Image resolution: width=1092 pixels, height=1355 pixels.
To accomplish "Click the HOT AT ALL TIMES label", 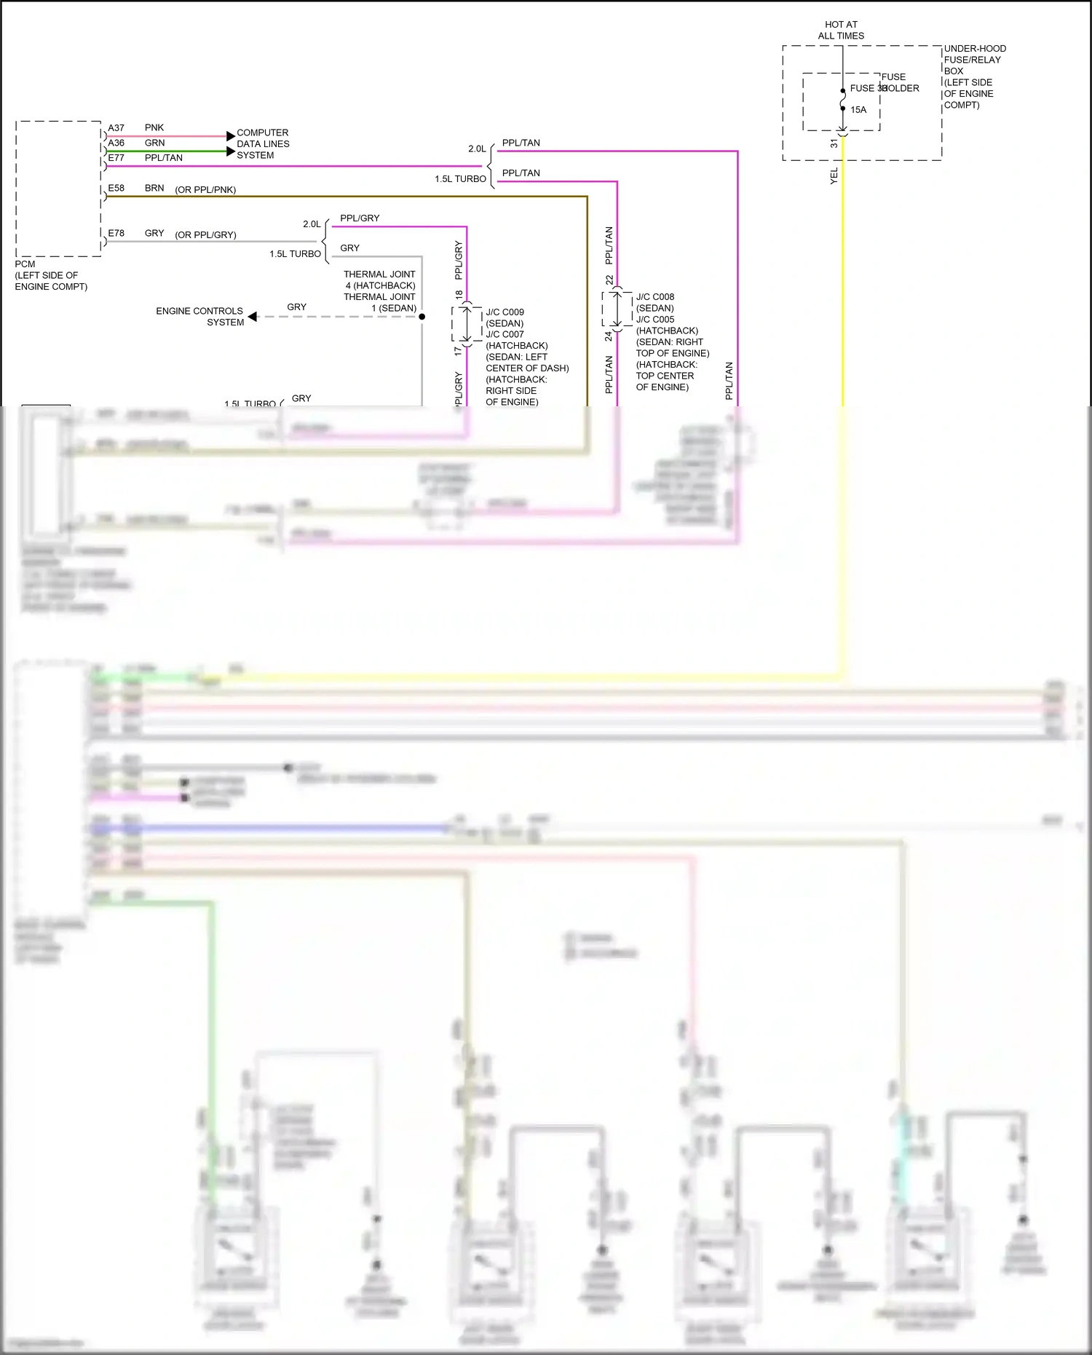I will pyautogui.click(x=841, y=30).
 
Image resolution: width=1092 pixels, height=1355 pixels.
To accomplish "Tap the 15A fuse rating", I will pyautogui.click(x=858, y=110).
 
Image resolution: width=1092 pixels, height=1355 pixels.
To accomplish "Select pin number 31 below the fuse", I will pyautogui.click(x=834, y=143).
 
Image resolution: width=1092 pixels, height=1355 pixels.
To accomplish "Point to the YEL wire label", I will pyautogui.click(x=834, y=175).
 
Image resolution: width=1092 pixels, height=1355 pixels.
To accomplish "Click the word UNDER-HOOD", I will pyautogui.click(x=975, y=49).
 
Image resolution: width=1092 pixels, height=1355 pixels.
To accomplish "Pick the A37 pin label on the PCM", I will pyautogui.click(x=116, y=128).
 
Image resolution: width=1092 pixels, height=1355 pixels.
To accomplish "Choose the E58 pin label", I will pyautogui.click(x=116, y=188).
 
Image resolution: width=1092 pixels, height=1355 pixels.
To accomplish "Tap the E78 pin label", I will pyautogui.click(x=116, y=233).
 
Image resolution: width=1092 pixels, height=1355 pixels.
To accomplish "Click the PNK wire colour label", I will pyautogui.click(x=154, y=127).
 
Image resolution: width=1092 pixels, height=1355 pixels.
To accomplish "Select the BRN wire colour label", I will pyautogui.click(x=154, y=188).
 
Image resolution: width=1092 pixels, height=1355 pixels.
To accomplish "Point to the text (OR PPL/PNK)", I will pyautogui.click(x=205, y=190).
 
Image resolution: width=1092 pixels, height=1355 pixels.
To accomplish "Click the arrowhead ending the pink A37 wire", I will pyautogui.click(x=231, y=136).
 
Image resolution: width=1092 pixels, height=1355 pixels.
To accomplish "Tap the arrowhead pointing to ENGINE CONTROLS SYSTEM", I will pyautogui.click(x=253, y=317).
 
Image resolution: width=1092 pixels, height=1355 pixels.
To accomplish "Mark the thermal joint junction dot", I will pyautogui.click(x=422, y=317).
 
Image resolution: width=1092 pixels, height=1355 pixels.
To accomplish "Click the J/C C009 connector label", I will pyautogui.click(x=505, y=312).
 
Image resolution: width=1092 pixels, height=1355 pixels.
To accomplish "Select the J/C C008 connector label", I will pyautogui.click(x=655, y=297).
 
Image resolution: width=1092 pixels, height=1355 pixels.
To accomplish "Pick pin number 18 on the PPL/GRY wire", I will pyautogui.click(x=459, y=295).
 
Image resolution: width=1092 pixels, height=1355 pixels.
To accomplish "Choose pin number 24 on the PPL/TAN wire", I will pyautogui.click(x=609, y=336).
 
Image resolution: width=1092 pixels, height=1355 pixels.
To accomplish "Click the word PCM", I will pyautogui.click(x=25, y=264).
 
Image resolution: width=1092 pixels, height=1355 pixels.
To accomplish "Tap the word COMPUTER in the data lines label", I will pyautogui.click(x=262, y=133).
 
